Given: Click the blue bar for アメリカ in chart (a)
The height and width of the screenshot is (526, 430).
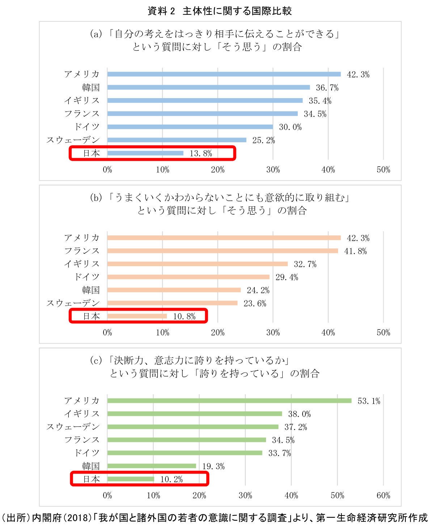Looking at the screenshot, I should click(x=224, y=74).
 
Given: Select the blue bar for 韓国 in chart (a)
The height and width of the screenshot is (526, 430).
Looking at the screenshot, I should click(x=208, y=87).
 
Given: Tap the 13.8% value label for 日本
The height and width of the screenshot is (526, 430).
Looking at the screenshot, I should click(x=201, y=153).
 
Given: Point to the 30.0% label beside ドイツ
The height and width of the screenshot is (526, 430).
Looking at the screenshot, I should click(x=290, y=127).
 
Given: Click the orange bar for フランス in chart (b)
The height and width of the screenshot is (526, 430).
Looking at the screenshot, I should click(x=223, y=251).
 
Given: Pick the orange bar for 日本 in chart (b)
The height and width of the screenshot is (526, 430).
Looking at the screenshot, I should click(x=137, y=316).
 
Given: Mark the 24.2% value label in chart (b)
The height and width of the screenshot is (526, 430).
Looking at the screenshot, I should click(x=258, y=290).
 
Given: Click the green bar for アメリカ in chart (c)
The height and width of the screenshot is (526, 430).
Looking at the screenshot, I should click(x=229, y=401).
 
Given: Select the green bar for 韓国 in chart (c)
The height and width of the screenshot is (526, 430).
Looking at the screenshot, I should click(x=152, y=466).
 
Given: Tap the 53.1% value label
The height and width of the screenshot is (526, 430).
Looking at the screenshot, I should click(x=369, y=401).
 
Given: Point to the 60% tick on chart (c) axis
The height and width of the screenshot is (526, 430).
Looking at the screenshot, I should click(x=383, y=496).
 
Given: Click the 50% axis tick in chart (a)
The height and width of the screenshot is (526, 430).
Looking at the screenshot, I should click(x=383, y=170).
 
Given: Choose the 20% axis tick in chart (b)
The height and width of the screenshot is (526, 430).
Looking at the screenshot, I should click(x=218, y=333).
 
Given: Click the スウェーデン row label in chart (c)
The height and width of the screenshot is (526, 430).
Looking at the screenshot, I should click(x=73, y=427).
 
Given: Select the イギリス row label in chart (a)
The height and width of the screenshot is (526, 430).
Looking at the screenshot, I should click(x=82, y=101).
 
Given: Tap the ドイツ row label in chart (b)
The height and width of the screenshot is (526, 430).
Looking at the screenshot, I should click(x=87, y=277).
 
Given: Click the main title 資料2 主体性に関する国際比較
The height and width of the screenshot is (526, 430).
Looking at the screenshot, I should click(x=219, y=11).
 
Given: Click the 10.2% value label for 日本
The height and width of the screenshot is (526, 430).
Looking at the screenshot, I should click(x=172, y=479).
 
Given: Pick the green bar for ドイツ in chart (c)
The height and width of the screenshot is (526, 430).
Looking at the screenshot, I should click(x=185, y=453).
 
